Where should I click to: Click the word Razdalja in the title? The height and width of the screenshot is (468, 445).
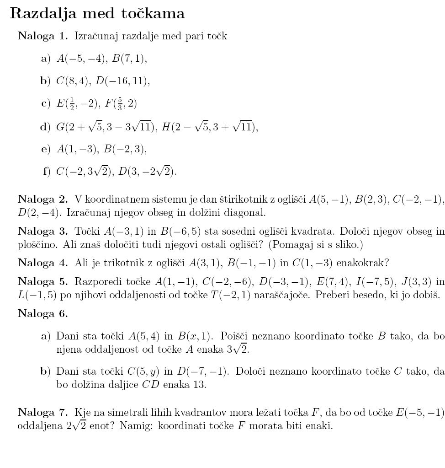coord(41,14)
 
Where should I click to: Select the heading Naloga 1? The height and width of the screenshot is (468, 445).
coord(42,36)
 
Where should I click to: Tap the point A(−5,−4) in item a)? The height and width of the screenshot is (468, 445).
coord(81,59)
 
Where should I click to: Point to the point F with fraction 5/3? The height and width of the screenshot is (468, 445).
coord(121,104)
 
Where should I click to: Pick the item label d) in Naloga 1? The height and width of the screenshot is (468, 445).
coord(45,127)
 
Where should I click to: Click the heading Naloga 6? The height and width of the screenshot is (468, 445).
coord(42,313)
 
